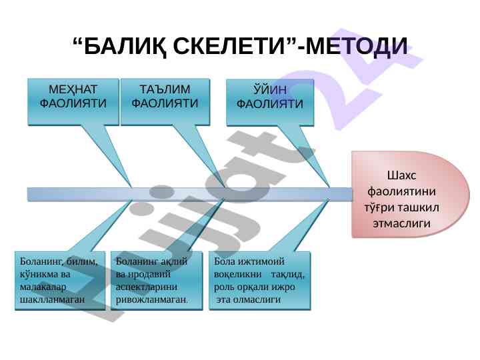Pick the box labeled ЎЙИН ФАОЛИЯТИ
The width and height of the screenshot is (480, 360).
[270, 103]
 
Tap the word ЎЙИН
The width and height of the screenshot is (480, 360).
[271, 91]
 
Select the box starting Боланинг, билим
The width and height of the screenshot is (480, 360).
[60, 281]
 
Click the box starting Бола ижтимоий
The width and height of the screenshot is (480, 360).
[260, 281]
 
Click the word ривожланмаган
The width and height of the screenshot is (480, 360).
[151, 300]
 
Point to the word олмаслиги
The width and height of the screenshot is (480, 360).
[256, 300]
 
